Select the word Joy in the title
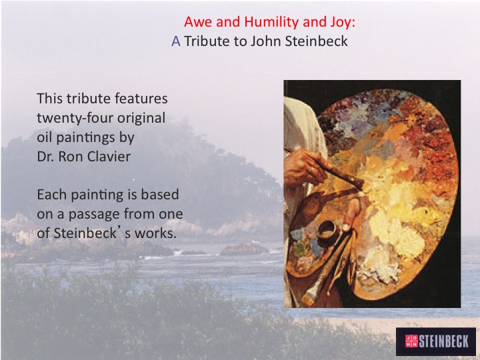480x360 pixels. (343, 23)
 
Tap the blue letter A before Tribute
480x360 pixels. (176, 41)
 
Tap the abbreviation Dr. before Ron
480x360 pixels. (45, 157)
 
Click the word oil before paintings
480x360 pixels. (45, 137)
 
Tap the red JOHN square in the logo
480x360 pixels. (411, 341)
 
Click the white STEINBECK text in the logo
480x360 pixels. (443, 341)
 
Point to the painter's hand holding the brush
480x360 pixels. (305, 167)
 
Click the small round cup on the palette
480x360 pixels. (327, 233)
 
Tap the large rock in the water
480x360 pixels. (244, 249)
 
